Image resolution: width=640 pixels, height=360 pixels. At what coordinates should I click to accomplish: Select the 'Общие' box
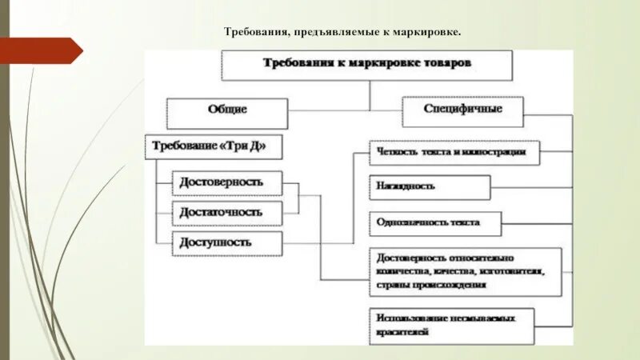coord(227,110)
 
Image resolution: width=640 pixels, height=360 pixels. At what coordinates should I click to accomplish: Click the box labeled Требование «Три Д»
coord(215,147)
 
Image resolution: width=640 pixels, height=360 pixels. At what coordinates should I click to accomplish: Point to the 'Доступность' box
coord(227,242)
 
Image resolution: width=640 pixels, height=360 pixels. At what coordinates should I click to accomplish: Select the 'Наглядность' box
coord(430,186)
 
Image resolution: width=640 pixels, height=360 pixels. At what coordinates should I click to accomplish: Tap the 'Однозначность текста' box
coord(435,223)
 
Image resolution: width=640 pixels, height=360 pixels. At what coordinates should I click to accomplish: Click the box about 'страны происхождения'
coord(465,272)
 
